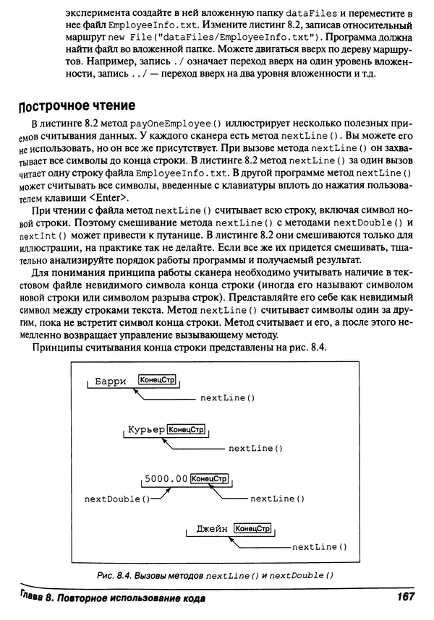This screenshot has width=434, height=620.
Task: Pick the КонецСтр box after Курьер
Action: (187, 430)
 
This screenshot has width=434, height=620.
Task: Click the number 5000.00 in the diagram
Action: (166, 478)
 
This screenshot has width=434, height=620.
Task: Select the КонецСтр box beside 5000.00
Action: (210, 478)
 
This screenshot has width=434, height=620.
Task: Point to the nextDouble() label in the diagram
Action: (118, 499)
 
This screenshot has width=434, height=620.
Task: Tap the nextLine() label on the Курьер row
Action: (255, 449)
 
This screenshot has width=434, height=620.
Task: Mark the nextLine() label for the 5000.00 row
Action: (277, 499)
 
